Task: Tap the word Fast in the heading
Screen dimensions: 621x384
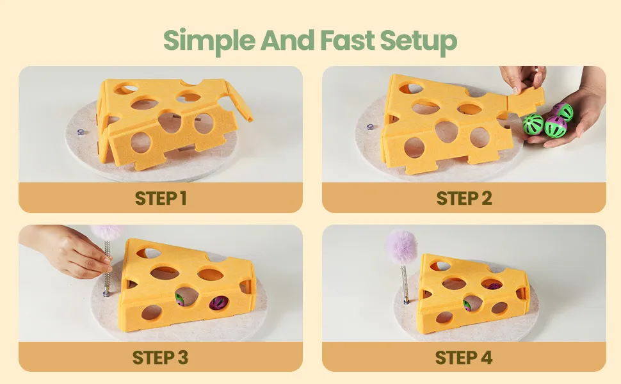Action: pos(348,40)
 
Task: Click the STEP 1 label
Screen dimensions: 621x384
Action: pos(161,198)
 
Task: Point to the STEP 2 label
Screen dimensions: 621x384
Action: pos(464,198)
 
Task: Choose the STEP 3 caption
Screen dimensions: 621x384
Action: pos(160,358)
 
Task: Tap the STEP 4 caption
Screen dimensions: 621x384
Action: pos(464,358)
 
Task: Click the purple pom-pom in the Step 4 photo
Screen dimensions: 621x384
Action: pos(401,246)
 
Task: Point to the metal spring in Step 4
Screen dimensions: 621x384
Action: pos(405,282)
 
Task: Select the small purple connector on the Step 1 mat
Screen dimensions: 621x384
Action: pos(81,132)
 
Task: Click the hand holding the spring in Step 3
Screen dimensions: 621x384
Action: pos(67,250)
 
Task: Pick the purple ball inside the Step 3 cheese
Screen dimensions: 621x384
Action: pos(218,303)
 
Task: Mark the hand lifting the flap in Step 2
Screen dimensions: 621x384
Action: pos(523,79)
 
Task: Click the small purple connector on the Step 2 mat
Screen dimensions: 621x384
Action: pos(370,127)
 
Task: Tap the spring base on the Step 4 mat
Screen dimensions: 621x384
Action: pos(407,301)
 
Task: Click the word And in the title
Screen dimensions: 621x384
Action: pos(287,40)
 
